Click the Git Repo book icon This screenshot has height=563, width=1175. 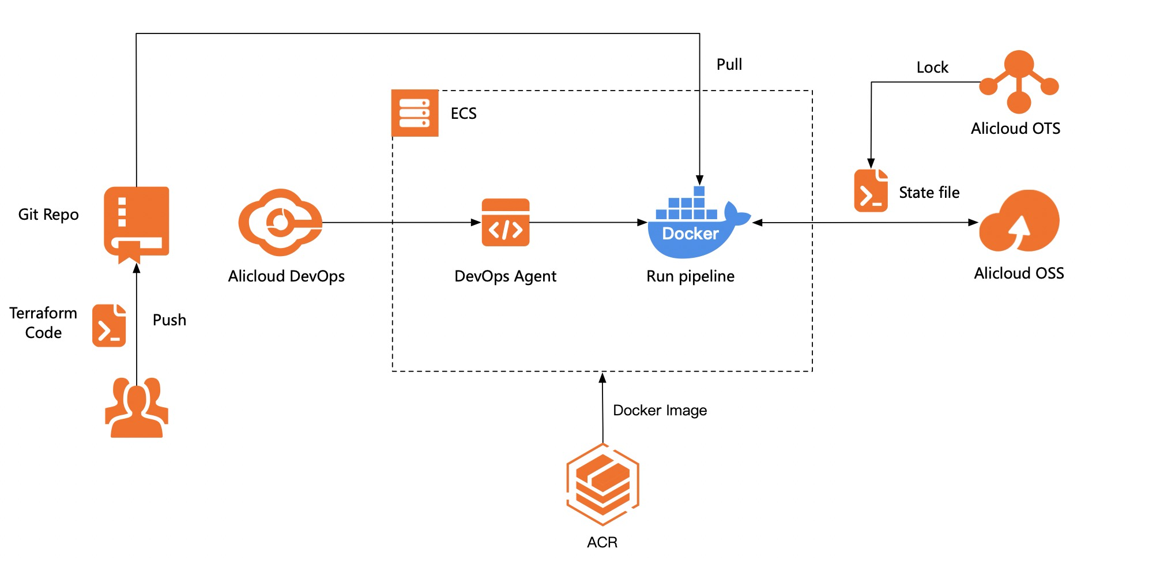pyautogui.click(x=137, y=222)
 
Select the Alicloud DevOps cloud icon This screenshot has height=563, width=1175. pyautogui.click(x=281, y=222)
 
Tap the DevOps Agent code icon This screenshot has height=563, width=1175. pyautogui.click(x=506, y=223)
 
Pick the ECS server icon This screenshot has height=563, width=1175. pyautogui.click(x=415, y=113)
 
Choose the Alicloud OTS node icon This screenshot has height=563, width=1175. pyautogui.click(x=1019, y=81)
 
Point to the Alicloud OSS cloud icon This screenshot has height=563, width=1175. pyautogui.click(x=1019, y=222)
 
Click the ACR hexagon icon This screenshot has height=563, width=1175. pyautogui.click(x=602, y=485)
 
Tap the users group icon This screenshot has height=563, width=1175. pyautogui.click(x=137, y=408)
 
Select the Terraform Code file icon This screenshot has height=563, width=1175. pyautogui.click(x=109, y=325)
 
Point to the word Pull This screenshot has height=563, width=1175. pyautogui.click(x=729, y=65)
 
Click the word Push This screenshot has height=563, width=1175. pyautogui.click(x=169, y=320)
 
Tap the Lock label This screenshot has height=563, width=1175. pyautogui.click(x=932, y=67)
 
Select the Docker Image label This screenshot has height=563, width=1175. pyautogui.click(x=660, y=410)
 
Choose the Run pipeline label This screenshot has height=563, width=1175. pyautogui.click(x=690, y=276)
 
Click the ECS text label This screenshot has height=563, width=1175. pyautogui.click(x=464, y=114)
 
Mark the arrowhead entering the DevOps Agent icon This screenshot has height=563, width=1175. pyautogui.click(x=476, y=222)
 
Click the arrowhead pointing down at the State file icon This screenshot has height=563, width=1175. pyautogui.click(x=871, y=163)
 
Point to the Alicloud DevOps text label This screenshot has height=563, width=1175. pyautogui.click(x=286, y=276)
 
